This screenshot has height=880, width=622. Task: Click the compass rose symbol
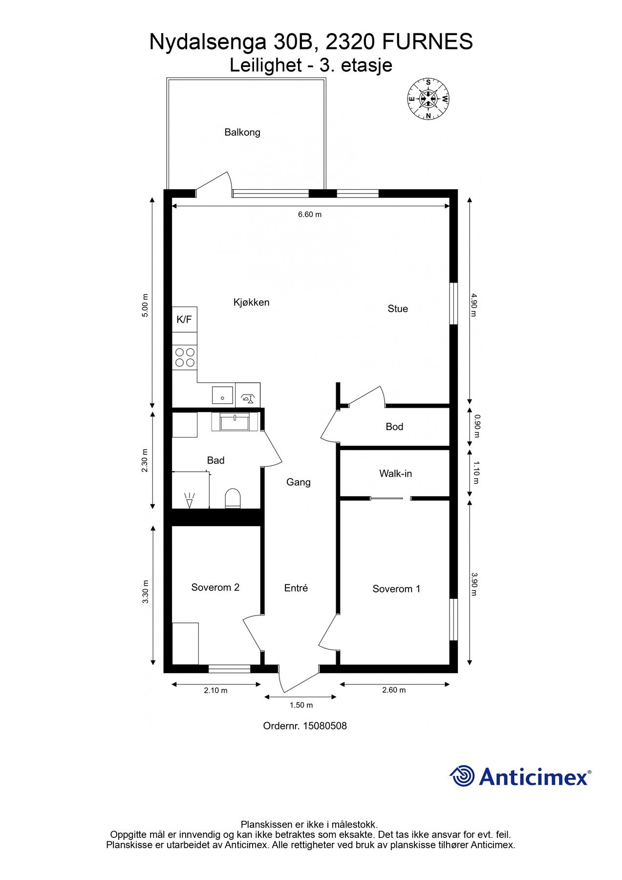coord(429,99)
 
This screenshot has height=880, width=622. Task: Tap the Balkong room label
coord(242,132)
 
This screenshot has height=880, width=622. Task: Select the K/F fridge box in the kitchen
coord(184,320)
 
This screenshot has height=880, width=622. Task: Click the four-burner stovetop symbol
coord(185,357)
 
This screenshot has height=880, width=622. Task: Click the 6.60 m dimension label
coord(310,214)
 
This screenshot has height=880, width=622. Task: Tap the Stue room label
coord(398,308)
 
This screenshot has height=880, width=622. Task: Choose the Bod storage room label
coord(394,427)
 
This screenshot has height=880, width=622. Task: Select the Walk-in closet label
coord(395,473)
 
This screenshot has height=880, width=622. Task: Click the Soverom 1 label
coord(396,589)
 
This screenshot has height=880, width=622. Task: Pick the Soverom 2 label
coord(215,587)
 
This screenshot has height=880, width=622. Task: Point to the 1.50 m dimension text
coord(301,705)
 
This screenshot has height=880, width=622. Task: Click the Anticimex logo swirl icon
coord(462,776)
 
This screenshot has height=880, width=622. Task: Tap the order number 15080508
coord(325,726)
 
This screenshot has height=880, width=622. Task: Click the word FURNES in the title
coord(427,42)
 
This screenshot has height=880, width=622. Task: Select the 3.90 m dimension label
coord(473,584)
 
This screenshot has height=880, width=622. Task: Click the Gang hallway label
coord(299,482)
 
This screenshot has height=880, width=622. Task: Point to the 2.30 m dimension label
coord(145,461)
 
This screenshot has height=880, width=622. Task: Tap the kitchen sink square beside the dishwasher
coord(223,395)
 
